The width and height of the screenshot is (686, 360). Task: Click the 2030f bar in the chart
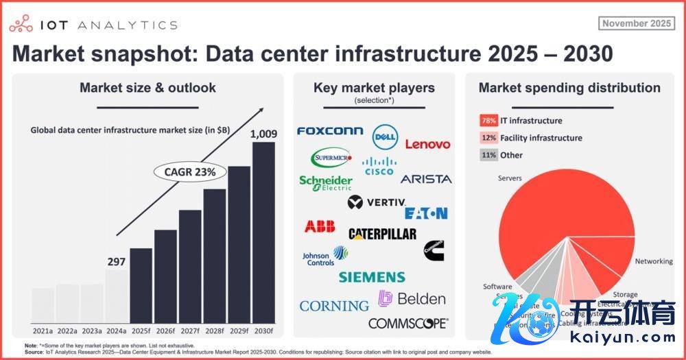point(263,232)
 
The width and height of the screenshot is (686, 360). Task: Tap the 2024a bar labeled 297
point(116,296)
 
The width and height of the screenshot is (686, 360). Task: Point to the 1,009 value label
point(263,133)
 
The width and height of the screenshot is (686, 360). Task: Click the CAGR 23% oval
point(190,172)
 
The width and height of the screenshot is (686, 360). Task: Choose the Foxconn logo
point(330,131)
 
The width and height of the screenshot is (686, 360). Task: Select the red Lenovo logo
point(427,144)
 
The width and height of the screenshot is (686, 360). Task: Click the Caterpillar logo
point(382,234)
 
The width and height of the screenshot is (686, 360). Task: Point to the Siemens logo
point(372,277)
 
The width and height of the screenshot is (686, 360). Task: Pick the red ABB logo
point(320,227)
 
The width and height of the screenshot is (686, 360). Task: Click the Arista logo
point(426,179)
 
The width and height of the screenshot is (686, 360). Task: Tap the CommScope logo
point(407,323)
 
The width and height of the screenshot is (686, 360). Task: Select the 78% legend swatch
point(488,121)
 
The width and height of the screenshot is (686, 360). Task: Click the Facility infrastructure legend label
point(541,138)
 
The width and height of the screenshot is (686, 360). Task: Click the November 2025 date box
point(637,23)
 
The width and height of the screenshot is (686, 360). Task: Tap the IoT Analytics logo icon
point(22,25)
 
